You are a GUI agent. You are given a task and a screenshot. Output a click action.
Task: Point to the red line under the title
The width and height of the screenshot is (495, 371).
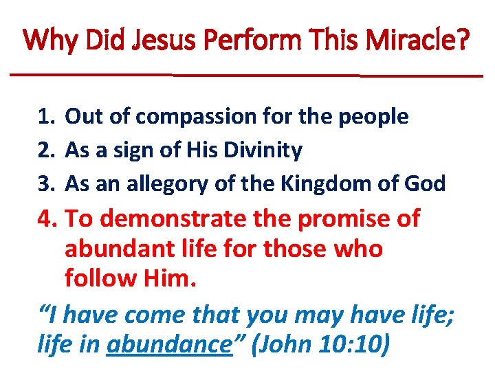tap(247, 74)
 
